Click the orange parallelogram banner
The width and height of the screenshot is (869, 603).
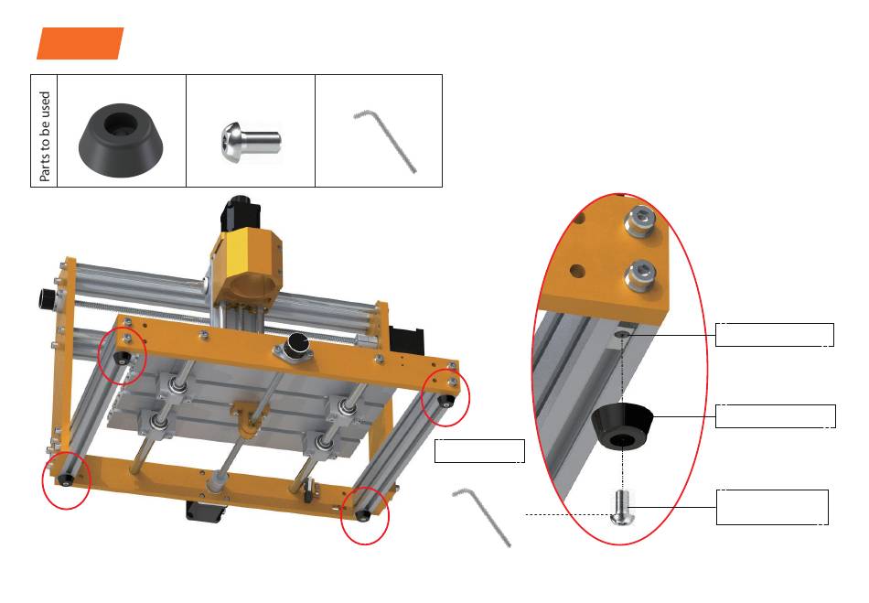tap(80, 43)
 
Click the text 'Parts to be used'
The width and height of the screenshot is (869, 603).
tap(44, 136)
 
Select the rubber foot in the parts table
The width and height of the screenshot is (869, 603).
tap(121, 140)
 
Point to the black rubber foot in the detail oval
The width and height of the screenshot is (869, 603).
tap(622, 425)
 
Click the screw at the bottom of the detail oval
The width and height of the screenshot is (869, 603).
tap(622, 508)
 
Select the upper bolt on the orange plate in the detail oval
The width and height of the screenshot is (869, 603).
tap(640, 221)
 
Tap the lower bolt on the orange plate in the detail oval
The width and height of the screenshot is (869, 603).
tap(640, 275)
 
